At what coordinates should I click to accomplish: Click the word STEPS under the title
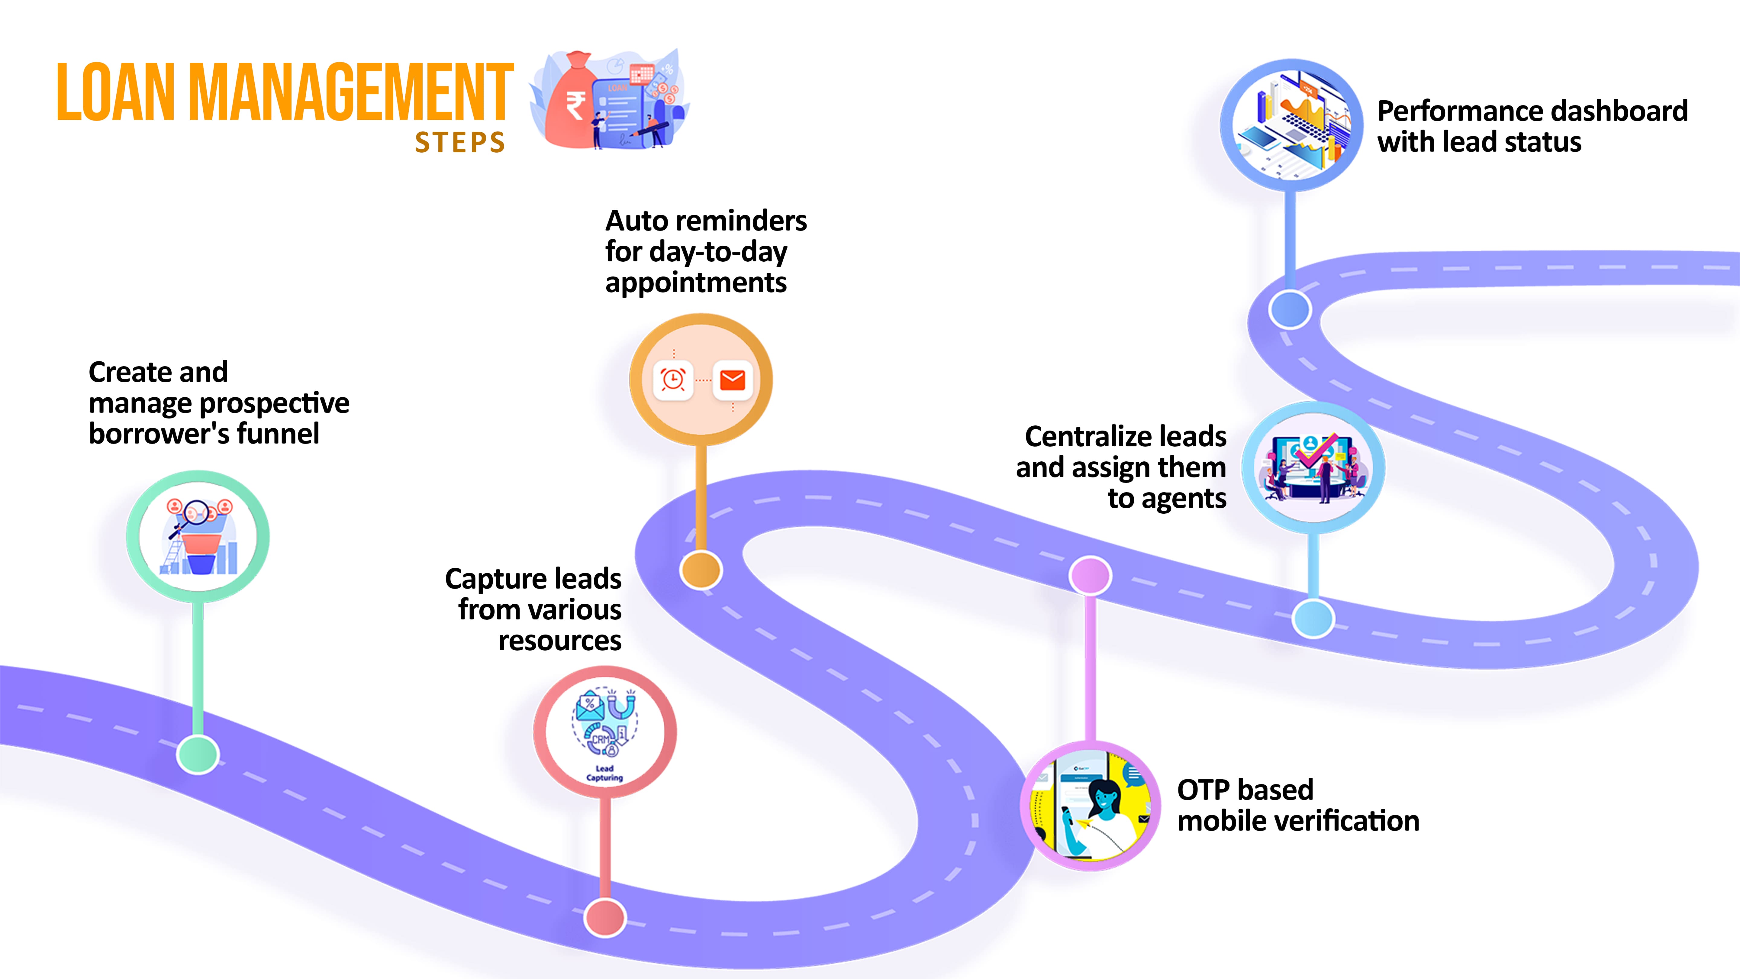(x=460, y=143)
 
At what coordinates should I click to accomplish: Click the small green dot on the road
(x=198, y=754)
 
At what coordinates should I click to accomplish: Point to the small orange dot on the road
(x=701, y=570)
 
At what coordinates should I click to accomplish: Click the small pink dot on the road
(x=1090, y=576)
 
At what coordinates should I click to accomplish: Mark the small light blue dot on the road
(x=1313, y=618)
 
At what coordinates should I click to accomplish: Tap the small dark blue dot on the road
(x=1290, y=309)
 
